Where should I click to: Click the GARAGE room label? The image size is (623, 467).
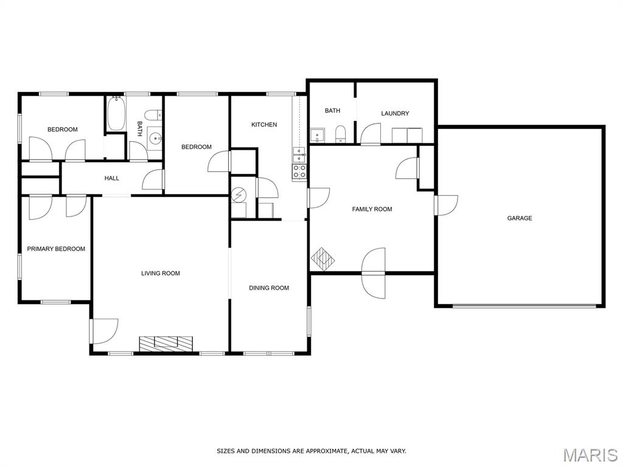coord(520,218)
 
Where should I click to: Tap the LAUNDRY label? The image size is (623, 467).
coord(395,113)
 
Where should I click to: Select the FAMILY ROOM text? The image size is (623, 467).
coord(372,209)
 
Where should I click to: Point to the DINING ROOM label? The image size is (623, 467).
coord(269,288)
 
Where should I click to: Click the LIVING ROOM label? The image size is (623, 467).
coord(161,273)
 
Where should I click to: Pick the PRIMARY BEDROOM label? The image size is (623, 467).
coord(56,249)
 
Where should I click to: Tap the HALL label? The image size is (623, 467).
coord(112,178)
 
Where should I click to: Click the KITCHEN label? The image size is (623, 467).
coord(264,125)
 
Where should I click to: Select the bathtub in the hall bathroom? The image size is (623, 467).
coord(116,113)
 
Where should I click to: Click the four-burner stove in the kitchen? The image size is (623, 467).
coord(299,171)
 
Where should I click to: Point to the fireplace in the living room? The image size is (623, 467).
coord(166,344)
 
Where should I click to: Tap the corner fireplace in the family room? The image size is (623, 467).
coord(322,259)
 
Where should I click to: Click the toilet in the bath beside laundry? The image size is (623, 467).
coord(341,134)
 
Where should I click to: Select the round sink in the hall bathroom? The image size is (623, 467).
coord(155,139)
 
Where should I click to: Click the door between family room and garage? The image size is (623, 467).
coord(446,206)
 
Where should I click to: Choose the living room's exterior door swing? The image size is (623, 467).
coord(104,331)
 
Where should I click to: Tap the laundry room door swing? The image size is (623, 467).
coord(371,133)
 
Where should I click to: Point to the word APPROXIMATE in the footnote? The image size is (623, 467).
coord(327,451)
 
